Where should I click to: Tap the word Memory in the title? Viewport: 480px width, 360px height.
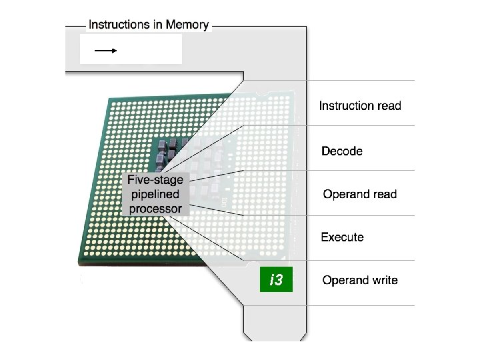pos(183,25)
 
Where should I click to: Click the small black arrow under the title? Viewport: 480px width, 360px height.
pos(105,50)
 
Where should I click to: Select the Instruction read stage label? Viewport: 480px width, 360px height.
pos(360,105)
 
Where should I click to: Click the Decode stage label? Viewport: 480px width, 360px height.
pos(342,151)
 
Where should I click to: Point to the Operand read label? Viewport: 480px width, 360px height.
pos(359,195)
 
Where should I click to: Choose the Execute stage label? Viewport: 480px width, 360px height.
pos(342,237)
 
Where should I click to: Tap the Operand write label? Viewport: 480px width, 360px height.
pos(360,280)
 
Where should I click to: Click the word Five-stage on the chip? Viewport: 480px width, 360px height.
pos(155,180)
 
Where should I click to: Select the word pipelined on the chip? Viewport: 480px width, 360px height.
pos(155,195)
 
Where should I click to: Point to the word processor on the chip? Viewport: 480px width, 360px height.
pos(155,209)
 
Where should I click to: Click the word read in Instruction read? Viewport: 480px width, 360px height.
pos(389,105)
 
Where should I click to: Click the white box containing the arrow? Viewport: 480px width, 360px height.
pos(131,49)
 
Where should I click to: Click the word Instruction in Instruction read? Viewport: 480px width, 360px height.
pos(347,105)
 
